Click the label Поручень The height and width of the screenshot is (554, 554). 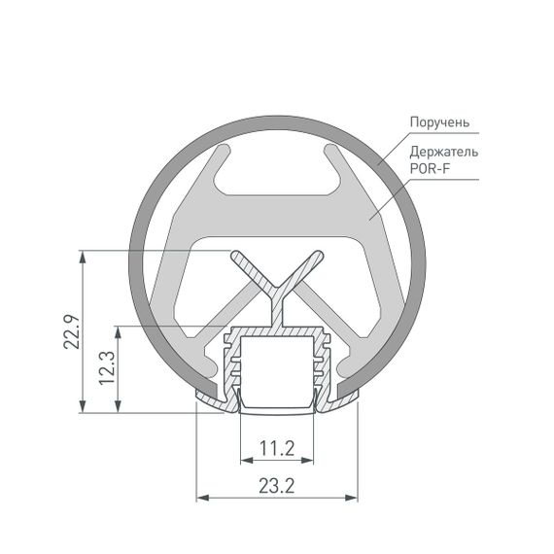click(439, 122)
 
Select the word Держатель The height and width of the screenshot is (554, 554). click(443, 154)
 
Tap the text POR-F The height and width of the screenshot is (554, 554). click(431, 170)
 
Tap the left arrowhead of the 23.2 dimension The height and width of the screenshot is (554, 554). click(202, 498)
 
